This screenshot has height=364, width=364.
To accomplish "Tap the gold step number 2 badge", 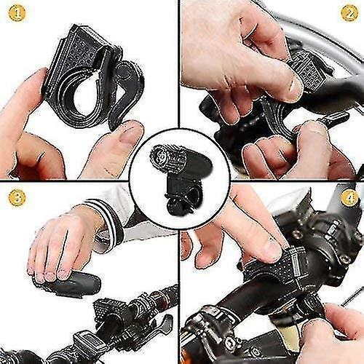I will [349, 13].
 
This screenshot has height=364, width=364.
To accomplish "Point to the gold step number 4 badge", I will [349, 197].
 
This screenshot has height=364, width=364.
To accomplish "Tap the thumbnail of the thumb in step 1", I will [130, 134].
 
